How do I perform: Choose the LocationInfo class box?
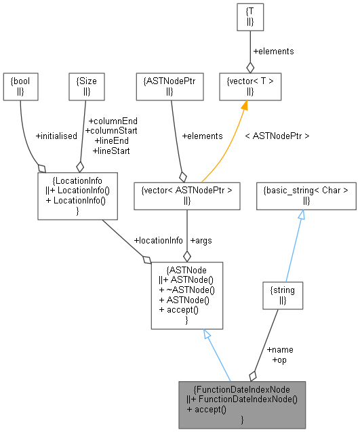click(x=78, y=195)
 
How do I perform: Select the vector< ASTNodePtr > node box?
click(x=186, y=195)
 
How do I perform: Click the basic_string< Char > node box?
click(x=306, y=195)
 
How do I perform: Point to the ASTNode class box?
click(x=186, y=296)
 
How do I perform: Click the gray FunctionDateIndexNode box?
click(x=242, y=404)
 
